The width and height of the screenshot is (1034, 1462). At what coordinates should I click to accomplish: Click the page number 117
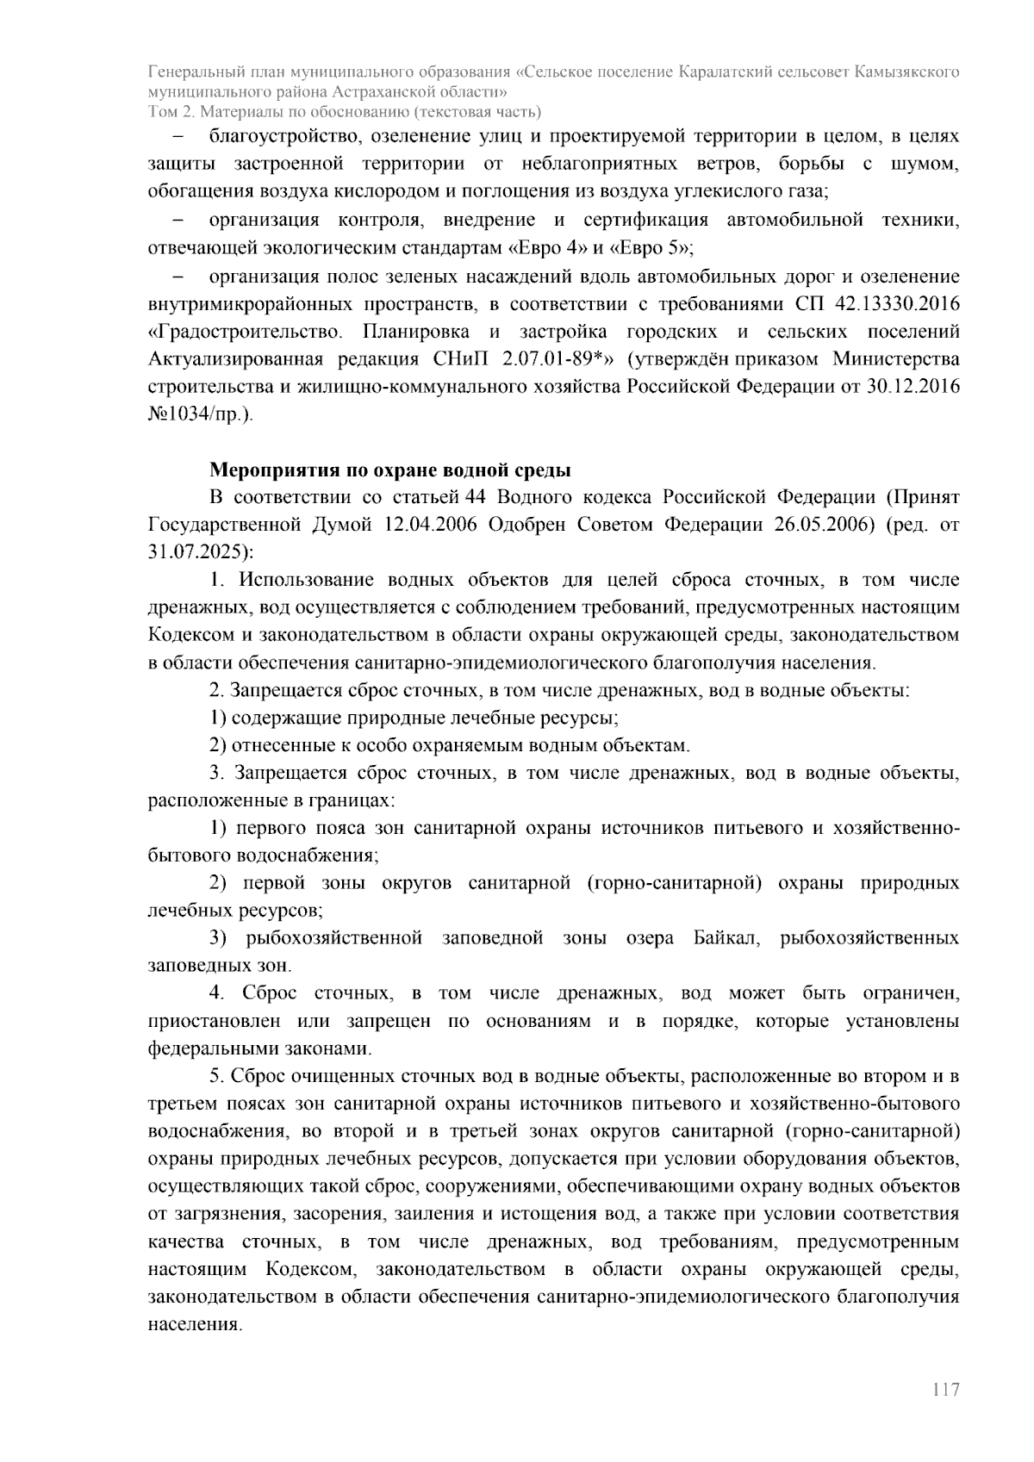coord(945,1390)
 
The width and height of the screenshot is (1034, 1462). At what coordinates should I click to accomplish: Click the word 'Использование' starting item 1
coord(306,580)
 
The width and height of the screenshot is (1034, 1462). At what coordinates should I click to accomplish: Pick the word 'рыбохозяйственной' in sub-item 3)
coord(333,938)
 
